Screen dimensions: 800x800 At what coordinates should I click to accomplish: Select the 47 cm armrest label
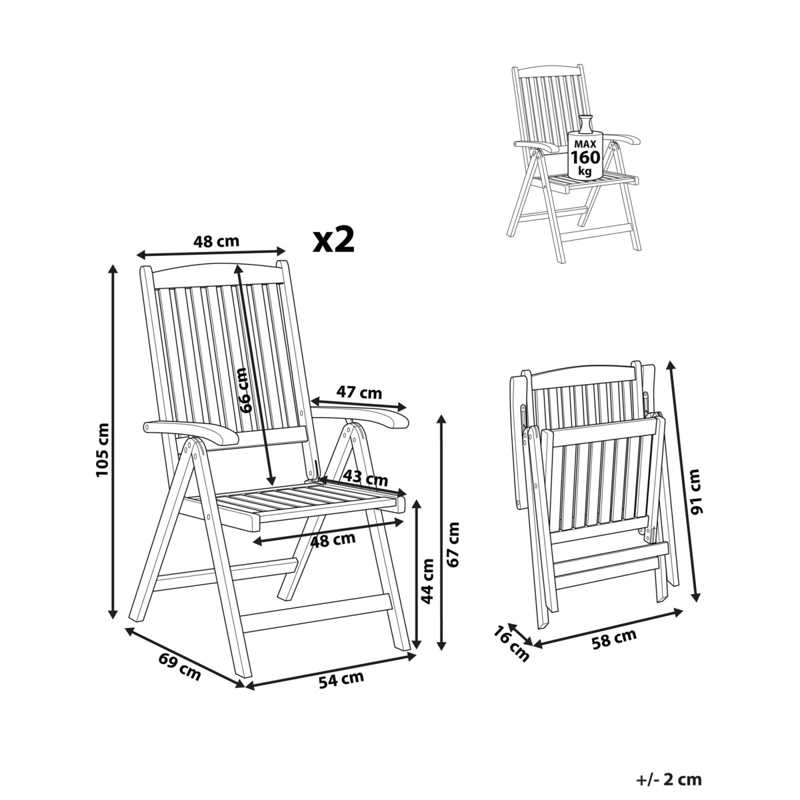coord(359,392)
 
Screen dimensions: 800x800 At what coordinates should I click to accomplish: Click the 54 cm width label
coord(341,679)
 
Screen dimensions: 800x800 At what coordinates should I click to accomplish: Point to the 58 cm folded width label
coord(613,639)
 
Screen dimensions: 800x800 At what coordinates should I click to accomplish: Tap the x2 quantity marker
coord(334,241)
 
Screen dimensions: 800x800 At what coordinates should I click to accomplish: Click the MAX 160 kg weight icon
coord(585,148)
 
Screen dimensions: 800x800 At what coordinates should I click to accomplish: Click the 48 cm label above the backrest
coord(216,241)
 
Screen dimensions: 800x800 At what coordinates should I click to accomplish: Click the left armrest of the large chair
coord(191,432)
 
